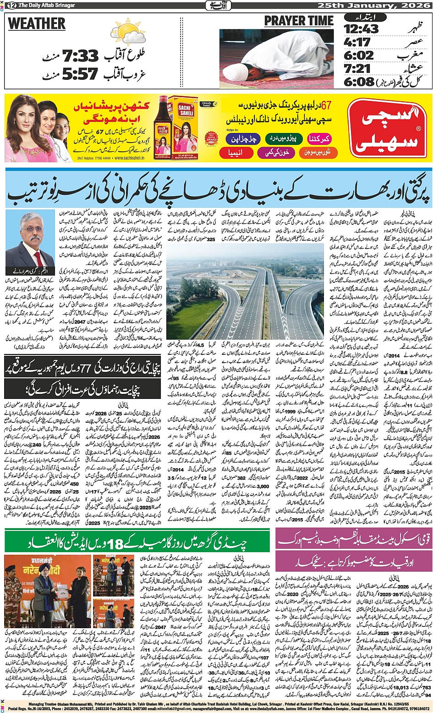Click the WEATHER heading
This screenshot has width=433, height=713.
click(x=37, y=23)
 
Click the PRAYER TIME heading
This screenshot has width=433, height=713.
click(x=299, y=21)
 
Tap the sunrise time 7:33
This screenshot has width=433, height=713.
click(x=81, y=56)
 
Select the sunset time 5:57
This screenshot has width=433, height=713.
click(x=81, y=73)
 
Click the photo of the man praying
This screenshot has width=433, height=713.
click(x=276, y=58)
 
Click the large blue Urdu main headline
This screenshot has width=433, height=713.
click(x=218, y=188)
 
